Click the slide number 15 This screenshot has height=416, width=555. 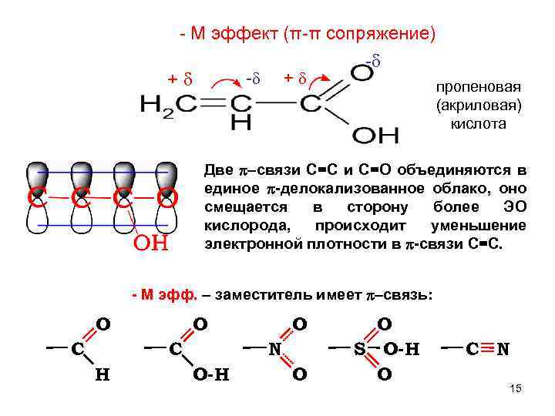tap(516, 389)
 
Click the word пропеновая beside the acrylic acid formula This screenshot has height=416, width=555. tap(471, 87)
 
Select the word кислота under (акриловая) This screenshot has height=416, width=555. tap(471, 122)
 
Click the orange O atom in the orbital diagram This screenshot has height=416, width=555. tap(167, 199)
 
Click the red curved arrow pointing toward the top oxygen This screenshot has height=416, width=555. tap(323, 79)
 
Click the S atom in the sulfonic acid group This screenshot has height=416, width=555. tap(359, 349)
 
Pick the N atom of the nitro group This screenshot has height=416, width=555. tap(274, 349)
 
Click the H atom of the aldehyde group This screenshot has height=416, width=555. tap(101, 375)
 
